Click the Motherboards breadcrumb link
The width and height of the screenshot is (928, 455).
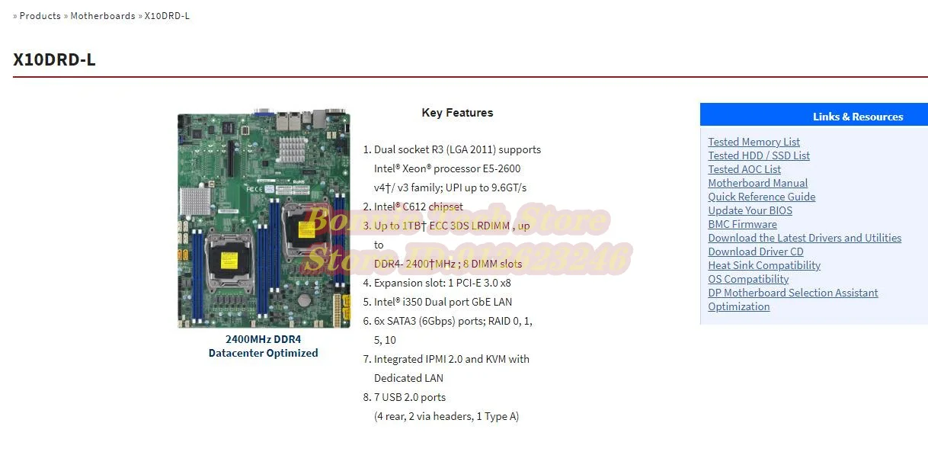(x=103, y=16)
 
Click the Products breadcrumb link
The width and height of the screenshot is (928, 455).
(x=40, y=16)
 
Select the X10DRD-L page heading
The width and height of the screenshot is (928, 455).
(x=54, y=59)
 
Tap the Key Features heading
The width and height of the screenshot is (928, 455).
(x=457, y=113)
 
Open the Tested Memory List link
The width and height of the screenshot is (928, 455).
(x=754, y=142)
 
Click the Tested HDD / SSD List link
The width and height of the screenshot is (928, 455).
(x=759, y=155)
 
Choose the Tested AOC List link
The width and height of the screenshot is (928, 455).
(x=744, y=169)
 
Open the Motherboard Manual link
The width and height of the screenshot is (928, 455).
(x=757, y=183)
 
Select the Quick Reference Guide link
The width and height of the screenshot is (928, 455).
(x=761, y=197)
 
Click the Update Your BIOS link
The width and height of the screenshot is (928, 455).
(x=750, y=210)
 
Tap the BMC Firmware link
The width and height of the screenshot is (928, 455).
(x=742, y=224)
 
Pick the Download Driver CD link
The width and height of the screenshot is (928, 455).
(x=755, y=252)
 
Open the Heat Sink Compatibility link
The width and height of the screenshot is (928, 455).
(x=764, y=265)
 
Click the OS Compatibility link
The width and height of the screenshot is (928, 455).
(x=748, y=279)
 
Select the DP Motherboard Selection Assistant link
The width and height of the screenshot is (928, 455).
(x=792, y=293)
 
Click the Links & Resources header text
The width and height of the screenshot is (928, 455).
(x=857, y=117)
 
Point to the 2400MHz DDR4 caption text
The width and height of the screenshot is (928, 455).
(x=263, y=339)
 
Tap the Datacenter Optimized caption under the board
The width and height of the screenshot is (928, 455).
(x=263, y=353)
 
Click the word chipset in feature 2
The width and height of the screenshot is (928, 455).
(x=446, y=207)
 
